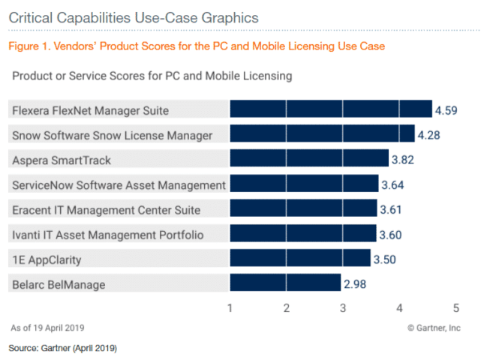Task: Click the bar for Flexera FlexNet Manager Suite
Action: [x=331, y=110]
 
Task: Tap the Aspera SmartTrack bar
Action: [x=309, y=159]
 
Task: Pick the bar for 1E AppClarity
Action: [x=300, y=259]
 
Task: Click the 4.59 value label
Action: [x=446, y=111]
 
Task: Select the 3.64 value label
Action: [x=393, y=184]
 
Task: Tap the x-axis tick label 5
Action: [x=455, y=307]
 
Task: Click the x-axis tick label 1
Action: [x=230, y=307]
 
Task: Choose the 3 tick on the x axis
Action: [x=343, y=307]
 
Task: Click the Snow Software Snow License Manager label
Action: [x=113, y=135]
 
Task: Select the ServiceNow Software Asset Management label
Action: [x=119, y=184]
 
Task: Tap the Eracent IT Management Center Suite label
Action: [x=106, y=209]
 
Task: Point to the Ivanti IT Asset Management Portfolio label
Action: [x=107, y=234]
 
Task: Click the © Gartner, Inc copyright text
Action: [x=434, y=328]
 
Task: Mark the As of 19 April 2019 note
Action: [x=47, y=328]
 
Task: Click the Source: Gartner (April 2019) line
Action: [x=63, y=348]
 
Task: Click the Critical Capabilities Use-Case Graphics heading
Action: [x=133, y=16]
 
